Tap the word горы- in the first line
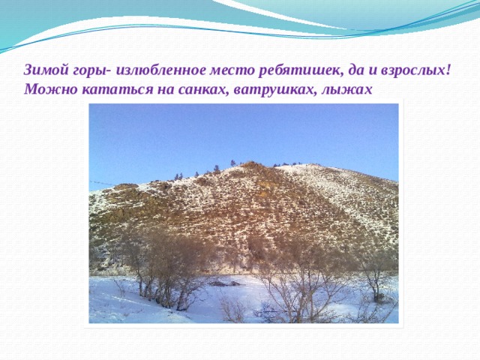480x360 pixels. (92, 72)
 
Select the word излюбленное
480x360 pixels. (162, 71)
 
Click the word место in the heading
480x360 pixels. (232, 71)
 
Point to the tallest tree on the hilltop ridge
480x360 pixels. (233, 163)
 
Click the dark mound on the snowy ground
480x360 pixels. (225, 283)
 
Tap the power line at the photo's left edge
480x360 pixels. (102, 183)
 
